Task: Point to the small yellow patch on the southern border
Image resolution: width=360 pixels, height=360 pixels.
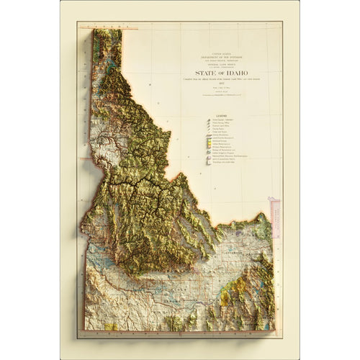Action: pos(110,326)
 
